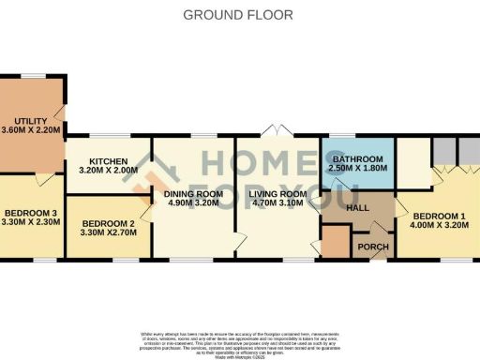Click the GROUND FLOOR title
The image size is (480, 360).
pyautogui.click(x=237, y=15)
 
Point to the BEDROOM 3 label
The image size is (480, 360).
pyautogui.click(x=29, y=214)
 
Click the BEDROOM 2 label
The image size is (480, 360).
pyautogui.click(x=109, y=223)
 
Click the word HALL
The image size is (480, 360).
pyautogui.click(x=357, y=208)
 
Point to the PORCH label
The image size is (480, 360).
pyautogui.click(x=372, y=247)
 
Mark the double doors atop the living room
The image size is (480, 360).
pyautogui.click(x=274, y=129)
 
